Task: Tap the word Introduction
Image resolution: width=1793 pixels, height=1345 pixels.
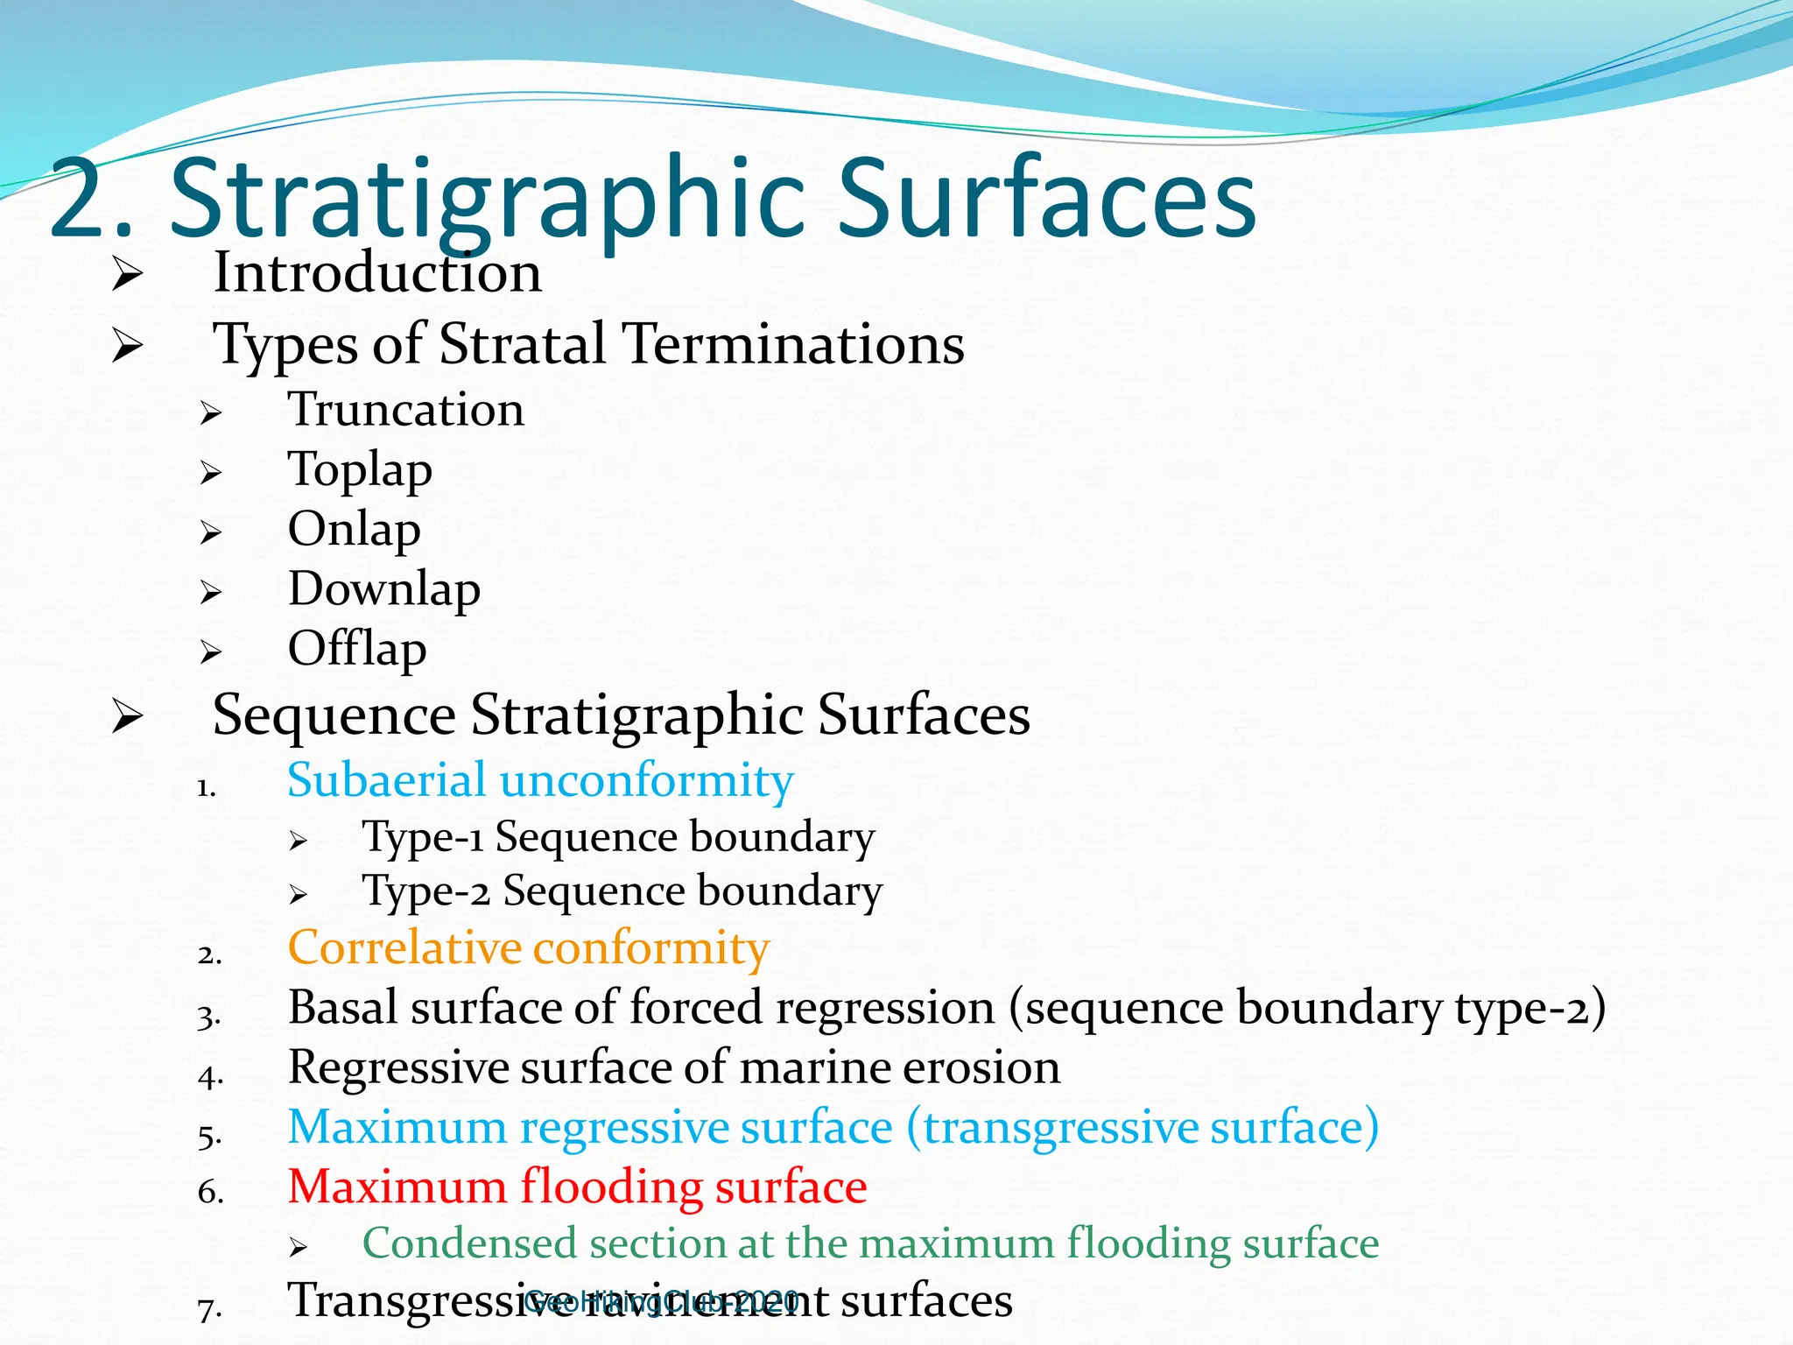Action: pos(377,273)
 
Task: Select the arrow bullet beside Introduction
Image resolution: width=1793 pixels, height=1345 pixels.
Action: pos(128,276)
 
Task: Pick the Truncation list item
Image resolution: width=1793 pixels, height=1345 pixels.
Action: pos(406,410)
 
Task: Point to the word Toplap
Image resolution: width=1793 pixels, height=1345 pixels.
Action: pos(360,470)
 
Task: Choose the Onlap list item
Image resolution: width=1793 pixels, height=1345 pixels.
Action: pos(354,530)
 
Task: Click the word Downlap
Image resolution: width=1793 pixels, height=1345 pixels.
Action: pos(384,589)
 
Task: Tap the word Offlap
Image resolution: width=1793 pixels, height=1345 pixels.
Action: pos(357,649)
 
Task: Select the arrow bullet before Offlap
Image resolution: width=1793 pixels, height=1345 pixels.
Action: pos(210,652)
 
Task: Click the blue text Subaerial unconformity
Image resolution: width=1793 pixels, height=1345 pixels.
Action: pos(540,780)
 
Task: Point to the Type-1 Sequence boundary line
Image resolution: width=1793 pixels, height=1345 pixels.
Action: pos(618,837)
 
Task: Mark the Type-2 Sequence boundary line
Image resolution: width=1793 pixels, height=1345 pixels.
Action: pos(622,891)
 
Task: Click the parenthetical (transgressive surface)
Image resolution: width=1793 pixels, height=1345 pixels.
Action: pos(1143,1127)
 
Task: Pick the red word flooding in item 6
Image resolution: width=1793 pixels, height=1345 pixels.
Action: pos(610,1187)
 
